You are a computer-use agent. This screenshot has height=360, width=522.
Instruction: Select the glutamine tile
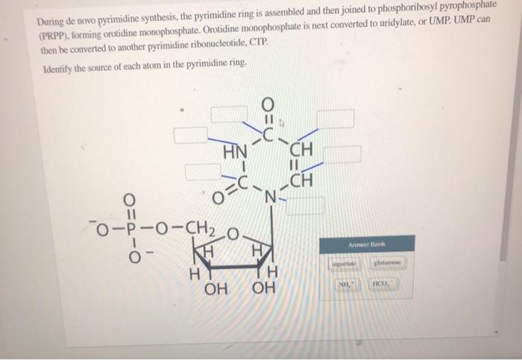click(x=388, y=262)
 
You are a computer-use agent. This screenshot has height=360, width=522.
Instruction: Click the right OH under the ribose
click(x=263, y=288)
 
